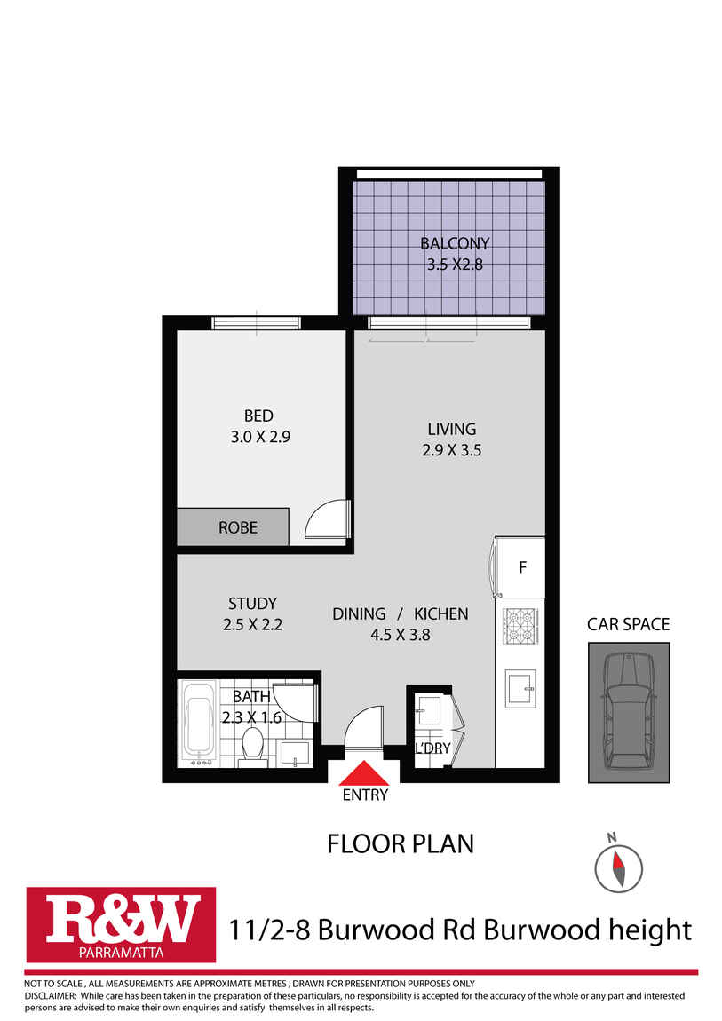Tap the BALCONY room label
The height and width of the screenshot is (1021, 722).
[455, 243]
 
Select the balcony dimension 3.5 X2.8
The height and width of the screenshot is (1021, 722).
[455, 264]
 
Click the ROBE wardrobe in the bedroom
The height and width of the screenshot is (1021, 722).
[233, 527]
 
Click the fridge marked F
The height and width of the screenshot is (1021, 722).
[522, 567]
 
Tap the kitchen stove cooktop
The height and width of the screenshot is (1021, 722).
[521, 627]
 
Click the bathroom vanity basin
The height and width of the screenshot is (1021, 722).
[294, 753]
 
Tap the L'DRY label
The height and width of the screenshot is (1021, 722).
[432, 748]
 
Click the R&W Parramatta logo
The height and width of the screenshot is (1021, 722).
[121, 924]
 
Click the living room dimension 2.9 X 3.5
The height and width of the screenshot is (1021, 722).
[451, 450]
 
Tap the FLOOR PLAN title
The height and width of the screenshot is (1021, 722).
[401, 843]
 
